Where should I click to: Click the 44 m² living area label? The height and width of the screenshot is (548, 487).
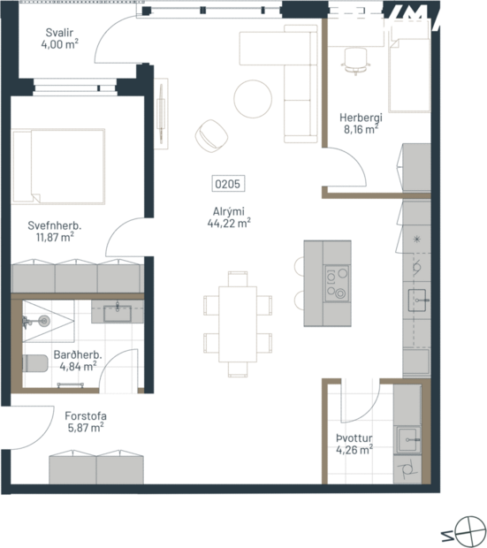(228, 218)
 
